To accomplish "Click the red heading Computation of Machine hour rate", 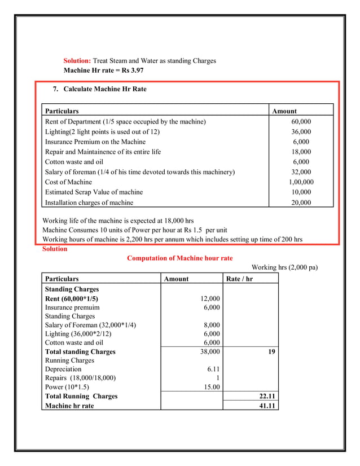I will [x=179, y=258].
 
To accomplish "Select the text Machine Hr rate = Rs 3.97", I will [x=104, y=71].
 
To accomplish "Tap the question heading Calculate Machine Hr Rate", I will [x=104, y=89].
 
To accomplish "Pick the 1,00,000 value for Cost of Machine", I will [x=301, y=182].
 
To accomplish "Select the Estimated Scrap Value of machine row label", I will [x=94, y=192].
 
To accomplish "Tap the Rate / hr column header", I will [x=239, y=279].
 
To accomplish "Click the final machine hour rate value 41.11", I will [x=266, y=406].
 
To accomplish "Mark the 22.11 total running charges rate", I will [x=266, y=397].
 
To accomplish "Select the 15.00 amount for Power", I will [x=210, y=388].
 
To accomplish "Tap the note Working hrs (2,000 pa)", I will [x=284, y=267].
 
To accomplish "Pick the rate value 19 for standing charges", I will [x=271, y=351].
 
